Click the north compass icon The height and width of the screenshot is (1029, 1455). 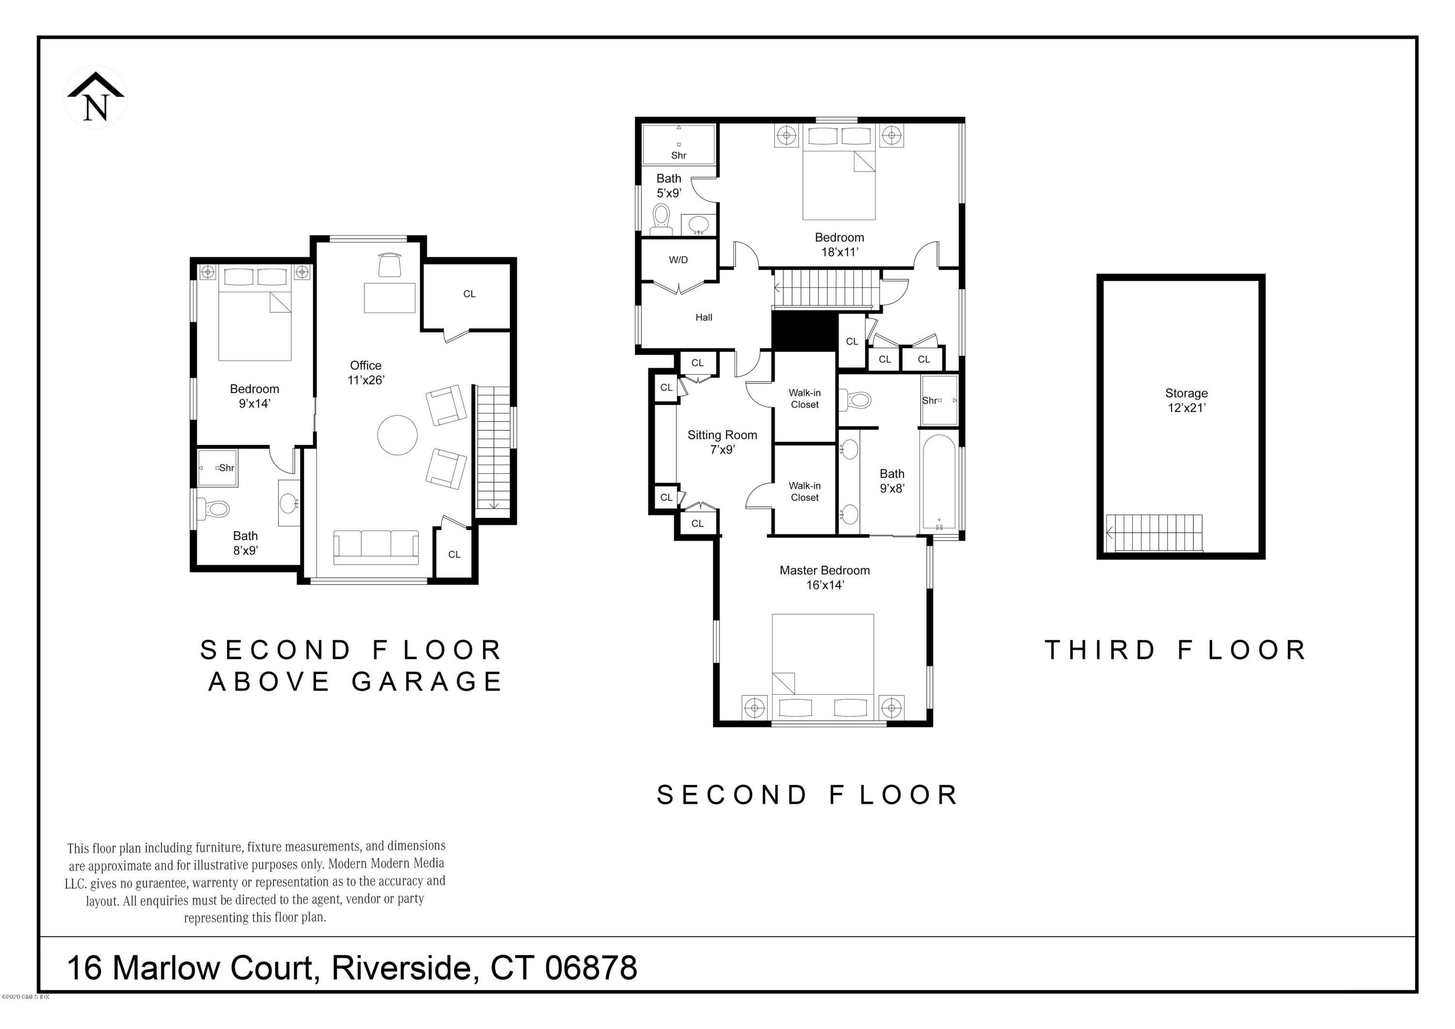pyautogui.click(x=96, y=97)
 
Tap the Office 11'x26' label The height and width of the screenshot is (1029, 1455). pyautogui.click(x=366, y=373)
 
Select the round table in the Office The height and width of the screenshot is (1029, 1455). pyautogui.click(x=397, y=435)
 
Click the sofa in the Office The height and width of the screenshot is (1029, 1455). pyautogui.click(x=376, y=546)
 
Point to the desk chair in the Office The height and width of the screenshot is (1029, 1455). pyautogui.click(x=390, y=265)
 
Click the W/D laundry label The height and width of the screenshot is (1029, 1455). pyautogui.click(x=678, y=260)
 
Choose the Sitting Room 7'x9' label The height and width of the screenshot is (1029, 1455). pyautogui.click(x=723, y=442)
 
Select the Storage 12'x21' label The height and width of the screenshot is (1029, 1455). pyautogui.click(x=1186, y=400)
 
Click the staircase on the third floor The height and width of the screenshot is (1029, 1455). pyautogui.click(x=1155, y=533)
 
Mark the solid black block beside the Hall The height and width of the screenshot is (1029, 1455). pyautogui.click(x=804, y=330)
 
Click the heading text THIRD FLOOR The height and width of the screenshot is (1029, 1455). pyautogui.click(x=1176, y=650)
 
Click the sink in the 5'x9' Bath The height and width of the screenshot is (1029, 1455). pyautogui.click(x=698, y=225)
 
